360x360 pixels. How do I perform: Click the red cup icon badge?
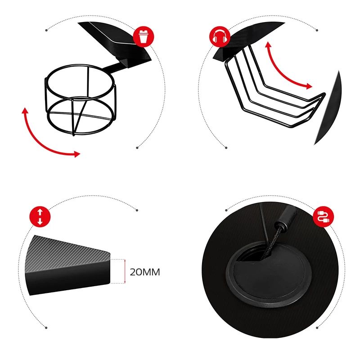[x=144, y=37]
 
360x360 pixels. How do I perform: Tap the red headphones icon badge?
[x=220, y=37]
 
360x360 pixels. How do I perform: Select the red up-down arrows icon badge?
[x=40, y=216]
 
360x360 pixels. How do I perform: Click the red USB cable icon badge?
[x=323, y=216]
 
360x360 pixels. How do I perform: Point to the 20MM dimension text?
[x=145, y=272]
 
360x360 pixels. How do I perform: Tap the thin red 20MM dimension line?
[x=125, y=271]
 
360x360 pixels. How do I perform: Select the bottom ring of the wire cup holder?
[x=81, y=133]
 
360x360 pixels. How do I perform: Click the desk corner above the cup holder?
[x=115, y=44]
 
